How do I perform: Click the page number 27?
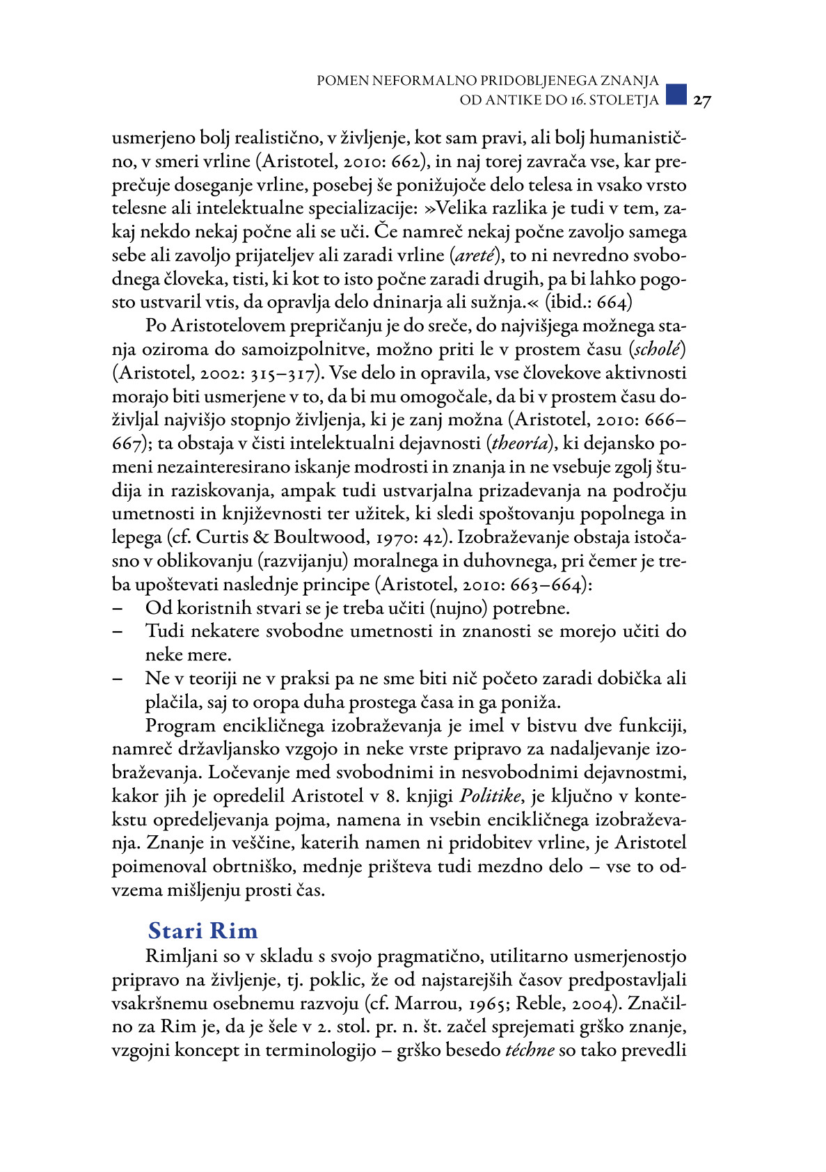[702, 101]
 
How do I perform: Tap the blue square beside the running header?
[676, 94]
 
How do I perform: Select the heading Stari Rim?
[202, 931]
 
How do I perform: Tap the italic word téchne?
[530, 1050]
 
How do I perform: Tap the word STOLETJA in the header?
[624, 100]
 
